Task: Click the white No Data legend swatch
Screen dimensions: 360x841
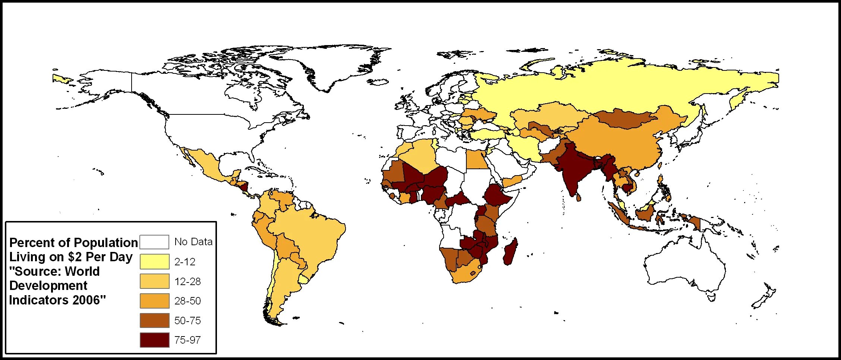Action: coord(154,242)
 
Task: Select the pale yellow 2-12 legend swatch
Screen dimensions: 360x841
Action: coord(154,262)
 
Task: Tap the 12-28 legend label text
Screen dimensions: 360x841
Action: coord(187,281)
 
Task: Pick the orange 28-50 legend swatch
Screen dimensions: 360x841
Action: coord(154,301)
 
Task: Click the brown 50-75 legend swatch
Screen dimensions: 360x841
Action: coord(154,320)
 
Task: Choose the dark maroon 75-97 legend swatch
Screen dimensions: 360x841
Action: coord(154,340)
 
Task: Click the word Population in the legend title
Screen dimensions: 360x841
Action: coord(105,243)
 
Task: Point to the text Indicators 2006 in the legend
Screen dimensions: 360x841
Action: coord(57,300)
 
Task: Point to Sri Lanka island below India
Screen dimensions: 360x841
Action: coord(579,197)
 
